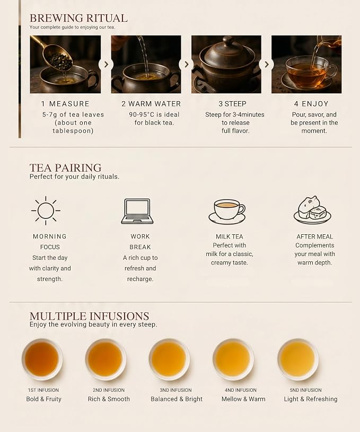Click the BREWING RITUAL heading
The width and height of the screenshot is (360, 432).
tap(78, 18)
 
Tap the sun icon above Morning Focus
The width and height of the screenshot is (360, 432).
tap(46, 211)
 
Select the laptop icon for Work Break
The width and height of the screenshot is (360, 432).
tap(137, 211)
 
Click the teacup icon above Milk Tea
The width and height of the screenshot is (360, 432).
tap(227, 211)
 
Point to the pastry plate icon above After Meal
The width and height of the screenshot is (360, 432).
tap(312, 210)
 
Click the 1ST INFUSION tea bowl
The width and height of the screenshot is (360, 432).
tap(42, 359)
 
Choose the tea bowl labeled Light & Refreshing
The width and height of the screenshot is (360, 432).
tap(298, 359)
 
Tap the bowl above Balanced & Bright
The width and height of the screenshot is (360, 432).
tap(169, 359)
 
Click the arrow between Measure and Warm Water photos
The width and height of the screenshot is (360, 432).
tap(106, 65)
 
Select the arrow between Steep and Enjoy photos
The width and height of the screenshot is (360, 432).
tap(267, 65)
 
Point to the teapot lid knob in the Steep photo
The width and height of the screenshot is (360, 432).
tap(229, 41)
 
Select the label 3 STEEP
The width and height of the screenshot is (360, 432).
tap(232, 104)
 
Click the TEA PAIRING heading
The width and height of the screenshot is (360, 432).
tap(65, 168)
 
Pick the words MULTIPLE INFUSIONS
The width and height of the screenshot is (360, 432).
tap(89, 316)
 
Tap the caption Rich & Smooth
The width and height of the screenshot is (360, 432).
tap(109, 399)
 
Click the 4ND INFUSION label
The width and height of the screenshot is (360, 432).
tap(240, 390)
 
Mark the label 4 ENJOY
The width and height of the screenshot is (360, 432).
tap(311, 104)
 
